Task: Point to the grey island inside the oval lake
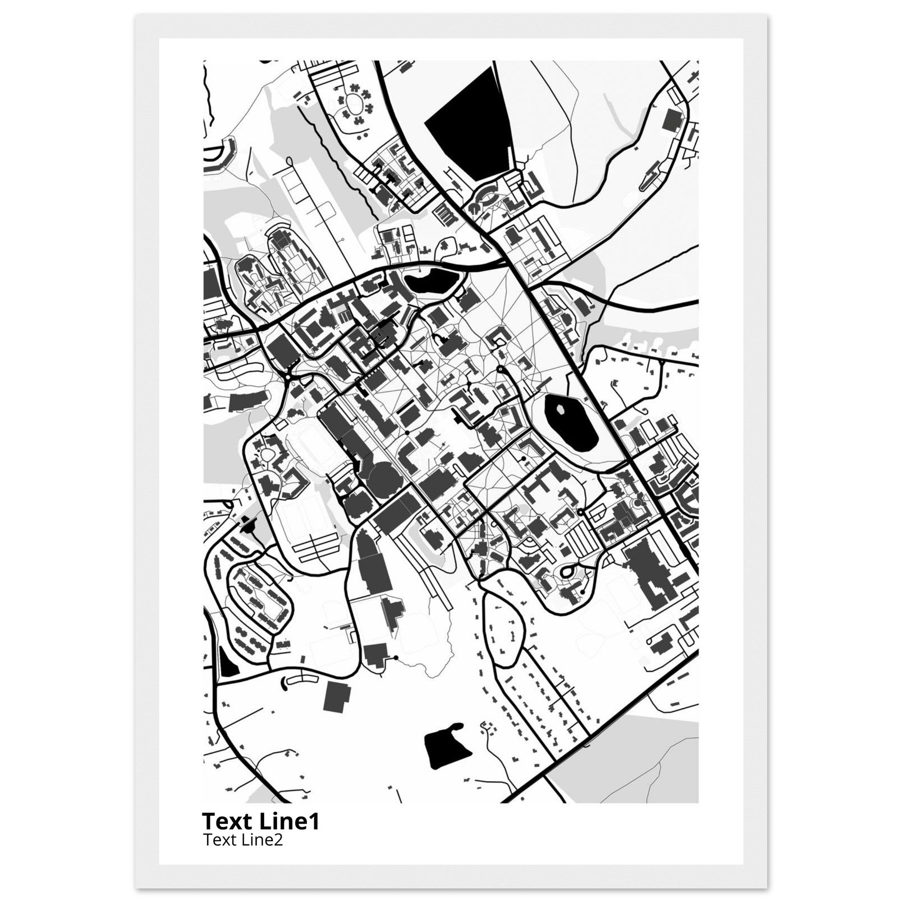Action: [560, 410]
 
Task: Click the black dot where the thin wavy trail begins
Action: [396, 657]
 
